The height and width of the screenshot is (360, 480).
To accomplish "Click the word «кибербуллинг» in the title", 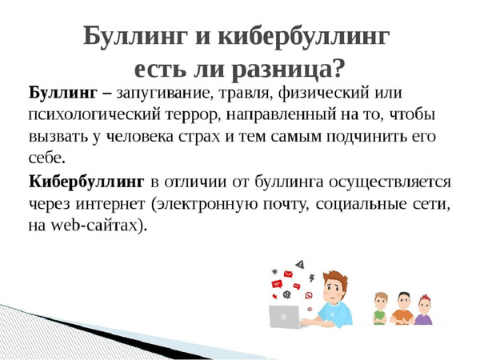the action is tap(304, 37).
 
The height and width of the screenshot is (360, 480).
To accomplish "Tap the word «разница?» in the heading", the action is tap(286, 70).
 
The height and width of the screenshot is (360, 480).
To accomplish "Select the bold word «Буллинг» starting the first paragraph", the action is tap(63, 93).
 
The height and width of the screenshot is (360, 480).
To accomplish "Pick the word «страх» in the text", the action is tap(199, 137).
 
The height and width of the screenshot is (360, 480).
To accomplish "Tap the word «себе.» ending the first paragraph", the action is tap(47, 158).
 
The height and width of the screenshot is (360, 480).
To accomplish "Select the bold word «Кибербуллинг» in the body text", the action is tap(86, 182).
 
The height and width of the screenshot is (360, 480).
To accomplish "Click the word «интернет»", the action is tap(110, 204).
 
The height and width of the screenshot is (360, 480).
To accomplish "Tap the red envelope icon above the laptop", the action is tap(288, 274).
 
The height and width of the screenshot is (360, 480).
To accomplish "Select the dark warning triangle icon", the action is tap(300, 264).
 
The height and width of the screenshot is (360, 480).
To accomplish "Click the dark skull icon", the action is tap(287, 294).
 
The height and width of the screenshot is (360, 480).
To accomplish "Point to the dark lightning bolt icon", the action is tap(312, 278).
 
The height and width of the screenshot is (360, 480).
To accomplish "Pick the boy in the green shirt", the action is tap(381, 308).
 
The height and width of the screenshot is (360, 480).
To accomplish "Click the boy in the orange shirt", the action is tap(403, 308).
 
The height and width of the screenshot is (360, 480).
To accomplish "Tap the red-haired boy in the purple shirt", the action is tap(424, 310).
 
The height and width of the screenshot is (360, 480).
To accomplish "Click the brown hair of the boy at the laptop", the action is tap(336, 278).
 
